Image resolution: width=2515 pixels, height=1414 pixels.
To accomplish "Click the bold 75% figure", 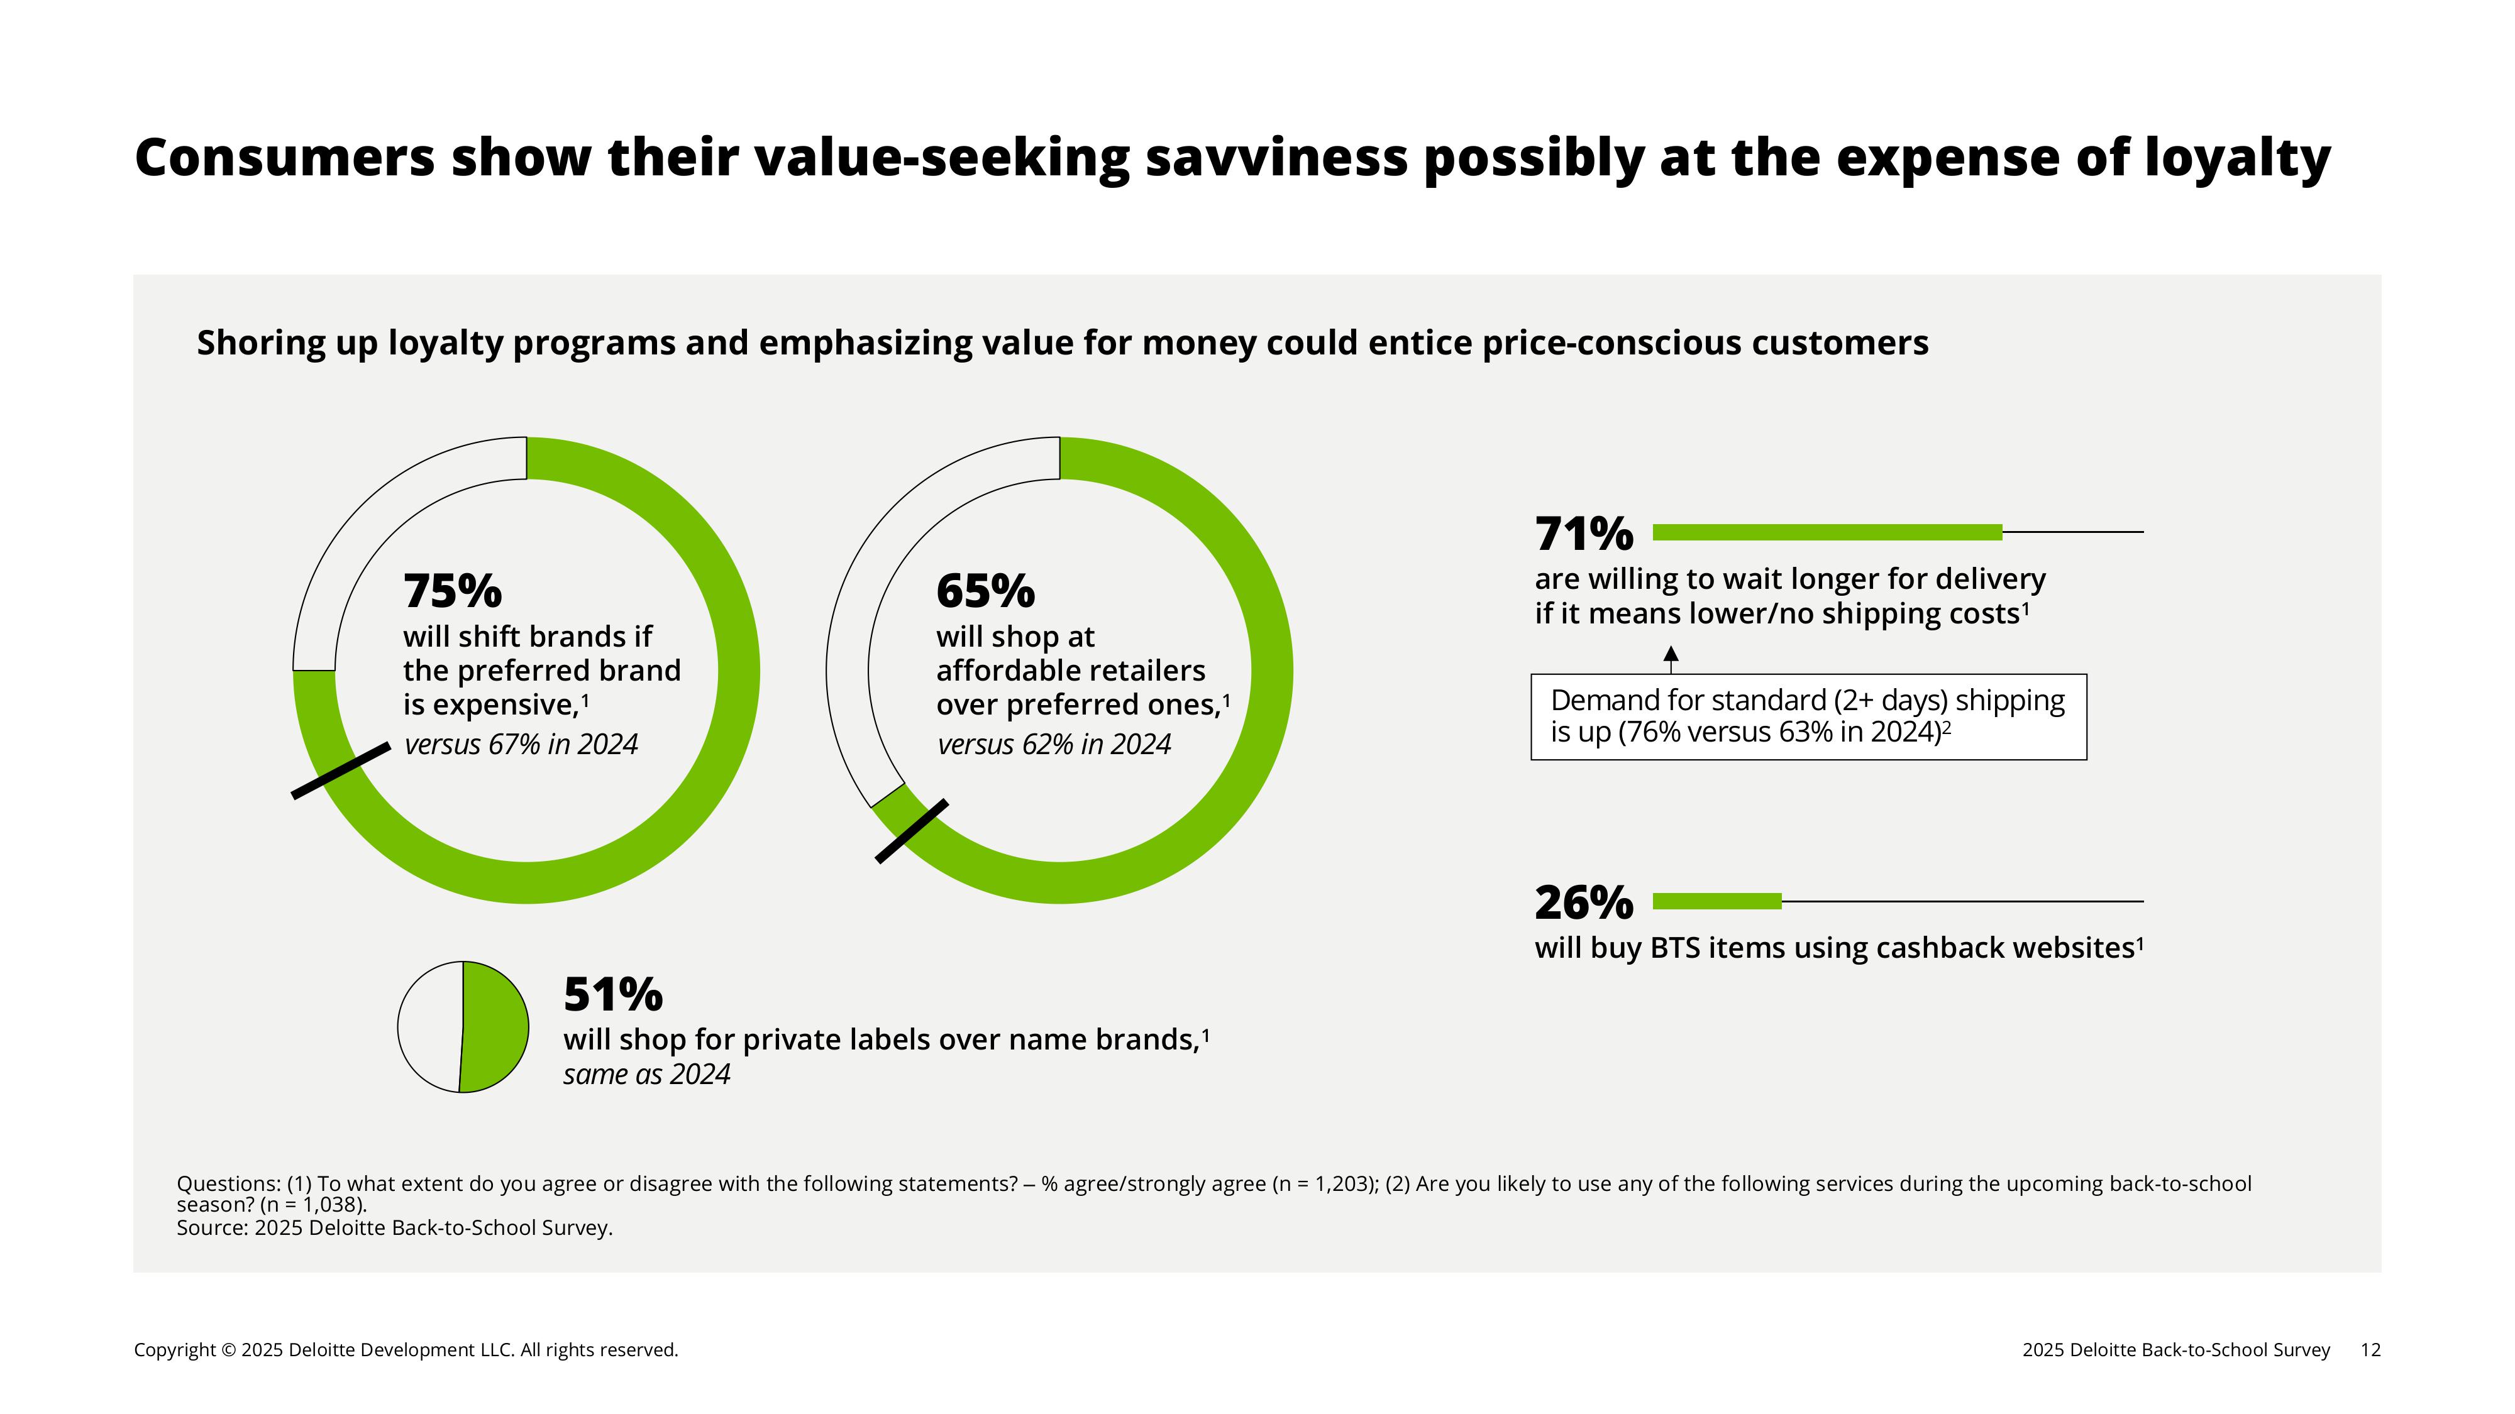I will coord(452,591).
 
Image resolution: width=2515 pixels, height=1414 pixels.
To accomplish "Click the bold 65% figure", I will coord(985,591).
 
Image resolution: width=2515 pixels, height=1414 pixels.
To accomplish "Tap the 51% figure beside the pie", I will coord(612,995).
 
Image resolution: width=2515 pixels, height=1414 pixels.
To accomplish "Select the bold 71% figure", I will coord(1583,534).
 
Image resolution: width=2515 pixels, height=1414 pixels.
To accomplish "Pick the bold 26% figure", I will coord(1583,902).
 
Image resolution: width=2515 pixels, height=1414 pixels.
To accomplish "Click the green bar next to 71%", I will coord(1827,532).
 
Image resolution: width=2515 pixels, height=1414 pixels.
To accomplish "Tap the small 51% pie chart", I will coord(463,1027).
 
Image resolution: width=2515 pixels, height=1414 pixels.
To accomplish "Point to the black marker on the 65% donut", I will coord(911,831).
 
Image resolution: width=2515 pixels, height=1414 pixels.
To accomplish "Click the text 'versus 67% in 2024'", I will coord(521,745).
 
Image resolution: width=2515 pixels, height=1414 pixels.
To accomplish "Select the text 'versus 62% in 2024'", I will coord(1053,745).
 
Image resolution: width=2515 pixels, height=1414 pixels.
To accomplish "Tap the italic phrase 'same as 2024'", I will coord(646,1075).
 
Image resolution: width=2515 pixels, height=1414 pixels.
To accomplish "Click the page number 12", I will coord(2370,1350).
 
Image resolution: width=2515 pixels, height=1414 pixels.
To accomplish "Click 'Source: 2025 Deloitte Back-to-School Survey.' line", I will coord(394,1227).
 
